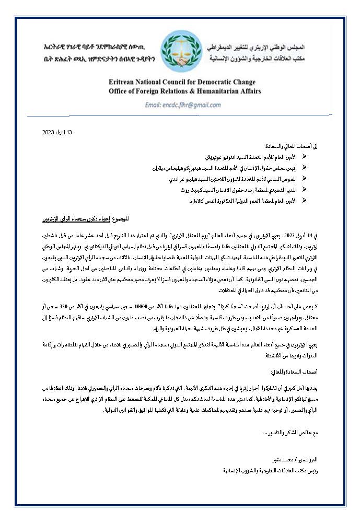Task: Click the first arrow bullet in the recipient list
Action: pos(305,157)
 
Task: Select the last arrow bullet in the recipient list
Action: pos(305,201)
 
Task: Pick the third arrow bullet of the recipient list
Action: pos(305,179)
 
